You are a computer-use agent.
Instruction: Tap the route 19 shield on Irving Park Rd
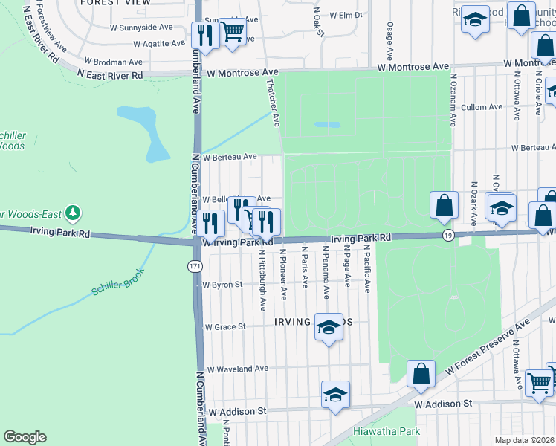[447, 235]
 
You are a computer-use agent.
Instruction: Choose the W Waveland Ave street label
[237, 369]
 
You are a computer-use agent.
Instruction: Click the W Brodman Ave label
[113, 62]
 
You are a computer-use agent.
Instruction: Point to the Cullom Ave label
[483, 108]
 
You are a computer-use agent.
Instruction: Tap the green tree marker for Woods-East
[72, 214]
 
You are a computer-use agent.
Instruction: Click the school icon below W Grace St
[328, 327]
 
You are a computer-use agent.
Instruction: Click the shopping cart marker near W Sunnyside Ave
[232, 32]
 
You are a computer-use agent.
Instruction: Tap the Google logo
[25, 437]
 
